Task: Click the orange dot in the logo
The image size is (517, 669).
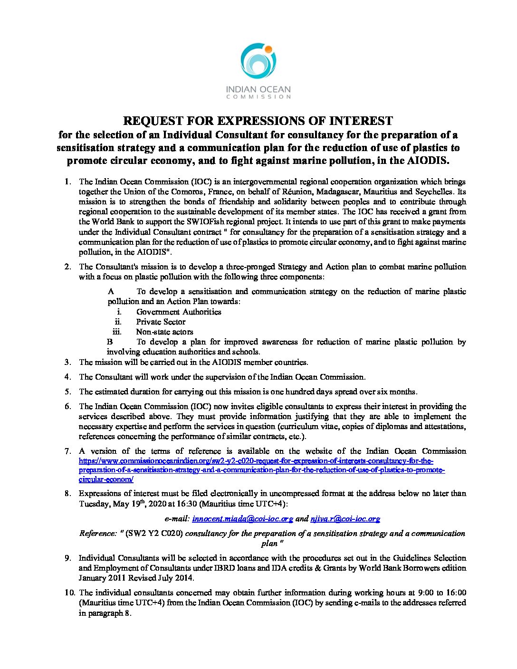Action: (268, 49)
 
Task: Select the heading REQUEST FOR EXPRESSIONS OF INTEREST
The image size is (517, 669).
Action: (258, 121)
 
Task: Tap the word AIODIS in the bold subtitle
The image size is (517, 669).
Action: (427, 160)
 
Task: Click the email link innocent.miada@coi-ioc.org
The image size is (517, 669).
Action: (242, 519)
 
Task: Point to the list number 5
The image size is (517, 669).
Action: (68, 392)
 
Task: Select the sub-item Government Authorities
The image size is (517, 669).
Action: (179, 312)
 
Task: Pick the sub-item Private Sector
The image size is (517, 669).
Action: (161, 322)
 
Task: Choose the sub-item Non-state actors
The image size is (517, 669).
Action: (164, 332)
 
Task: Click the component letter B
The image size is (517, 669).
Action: (110, 342)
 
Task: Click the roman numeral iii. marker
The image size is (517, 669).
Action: (117, 332)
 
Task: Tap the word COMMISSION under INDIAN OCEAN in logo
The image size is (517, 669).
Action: (258, 96)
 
